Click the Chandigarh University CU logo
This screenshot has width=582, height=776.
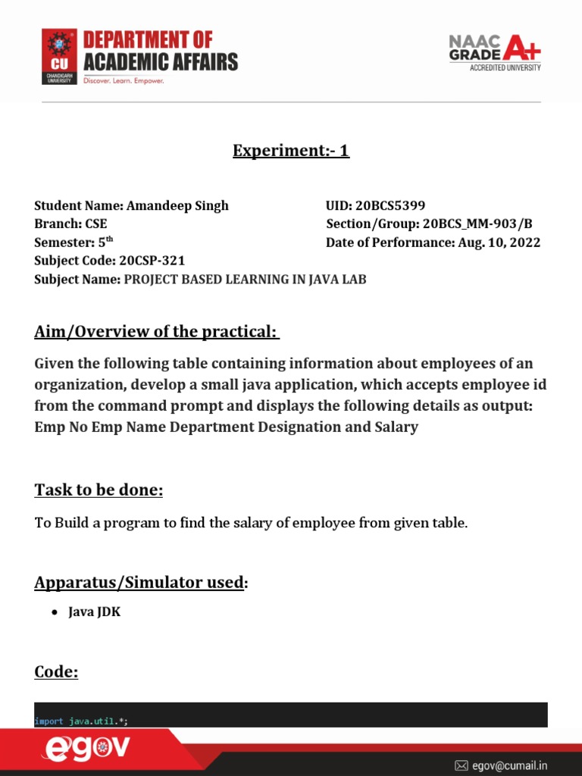pyautogui.click(x=59, y=56)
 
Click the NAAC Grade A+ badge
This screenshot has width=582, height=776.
pyautogui.click(x=495, y=52)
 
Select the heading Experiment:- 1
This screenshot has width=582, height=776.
pyautogui.click(x=290, y=151)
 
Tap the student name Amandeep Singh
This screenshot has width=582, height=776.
pyautogui.click(x=177, y=205)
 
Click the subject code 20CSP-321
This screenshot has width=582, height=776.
pyautogui.click(x=152, y=261)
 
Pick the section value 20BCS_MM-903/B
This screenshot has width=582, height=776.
pyautogui.click(x=477, y=224)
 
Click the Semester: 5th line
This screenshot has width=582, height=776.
pyautogui.click(x=74, y=242)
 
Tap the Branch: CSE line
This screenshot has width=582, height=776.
pyautogui.click(x=70, y=224)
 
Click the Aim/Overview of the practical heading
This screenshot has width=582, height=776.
pyautogui.click(x=157, y=332)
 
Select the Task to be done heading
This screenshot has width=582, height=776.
pyautogui.click(x=99, y=490)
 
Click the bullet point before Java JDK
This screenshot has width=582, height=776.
pyautogui.click(x=55, y=613)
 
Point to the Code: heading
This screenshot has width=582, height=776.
pyautogui.click(x=56, y=671)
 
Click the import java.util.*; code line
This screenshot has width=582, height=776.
pyautogui.click(x=81, y=721)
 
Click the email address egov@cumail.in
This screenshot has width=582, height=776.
pyautogui.click(x=510, y=765)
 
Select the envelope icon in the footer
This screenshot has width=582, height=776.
pyautogui.click(x=461, y=765)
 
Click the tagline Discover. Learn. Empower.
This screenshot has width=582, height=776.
pyautogui.click(x=124, y=80)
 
